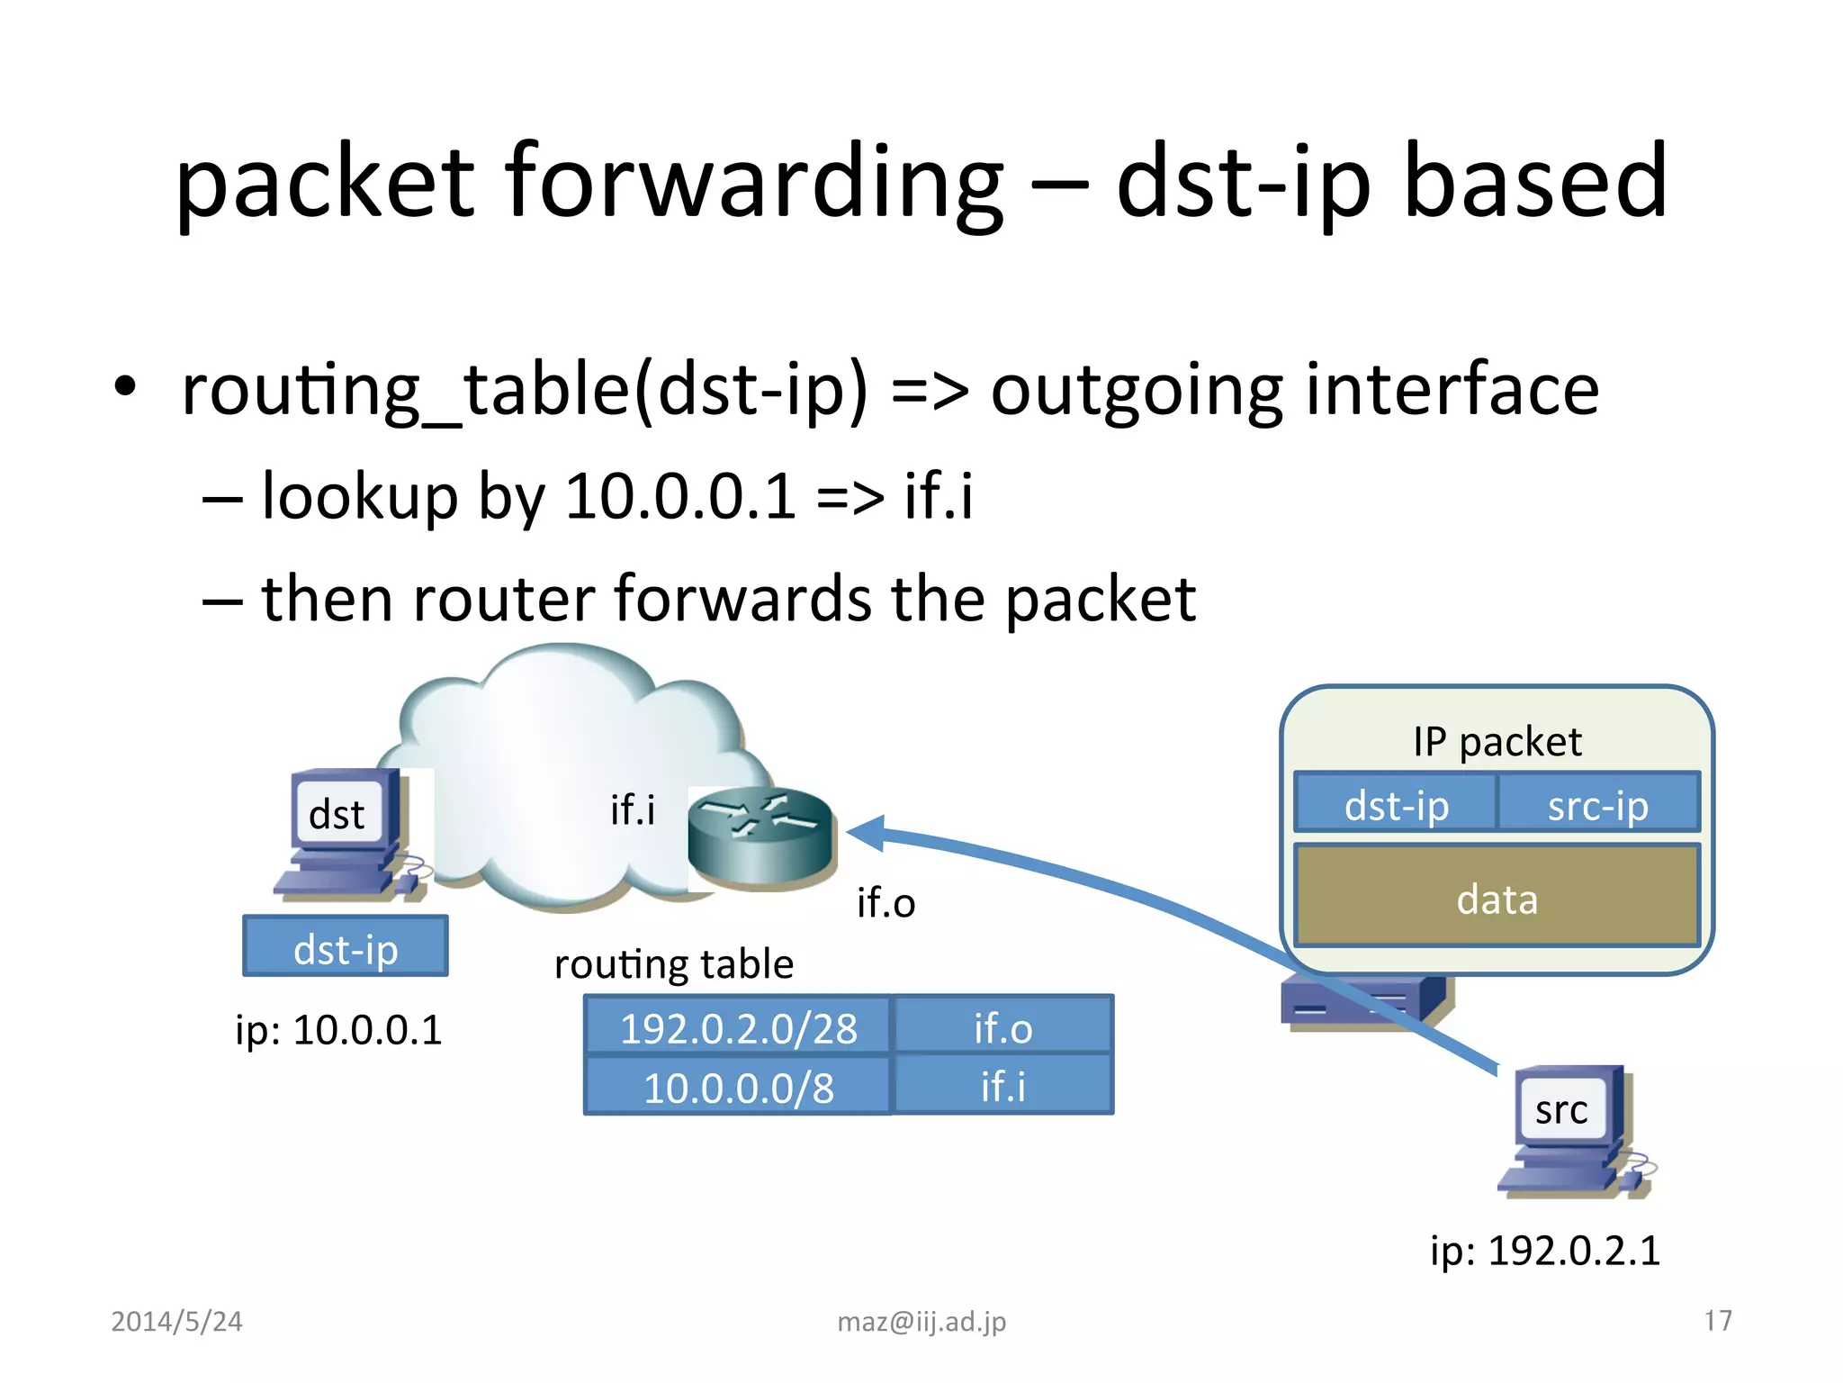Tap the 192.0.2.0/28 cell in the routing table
coord(738,1026)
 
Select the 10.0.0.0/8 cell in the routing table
coord(738,1086)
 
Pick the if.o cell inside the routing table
coord(1002,1026)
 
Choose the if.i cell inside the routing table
coord(1002,1086)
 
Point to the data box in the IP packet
coord(1497,898)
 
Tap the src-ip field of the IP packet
coord(1597,804)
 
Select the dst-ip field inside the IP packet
coord(1396,804)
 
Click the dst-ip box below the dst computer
coord(346,947)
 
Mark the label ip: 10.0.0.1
coord(338,1030)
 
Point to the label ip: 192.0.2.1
coord(1544,1250)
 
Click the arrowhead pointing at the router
coord(866,833)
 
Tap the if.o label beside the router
coord(886,902)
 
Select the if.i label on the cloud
coord(633,809)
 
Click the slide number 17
coord(1717,1321)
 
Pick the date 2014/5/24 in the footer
coord(176,1321)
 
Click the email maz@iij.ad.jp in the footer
coord(921,1321)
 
